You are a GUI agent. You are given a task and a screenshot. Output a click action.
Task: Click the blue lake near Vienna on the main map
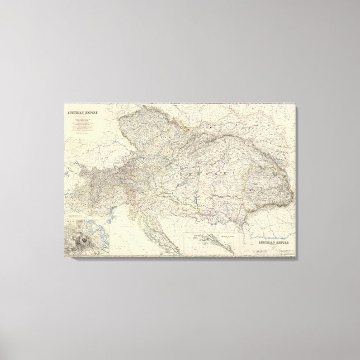pos(174,158)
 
